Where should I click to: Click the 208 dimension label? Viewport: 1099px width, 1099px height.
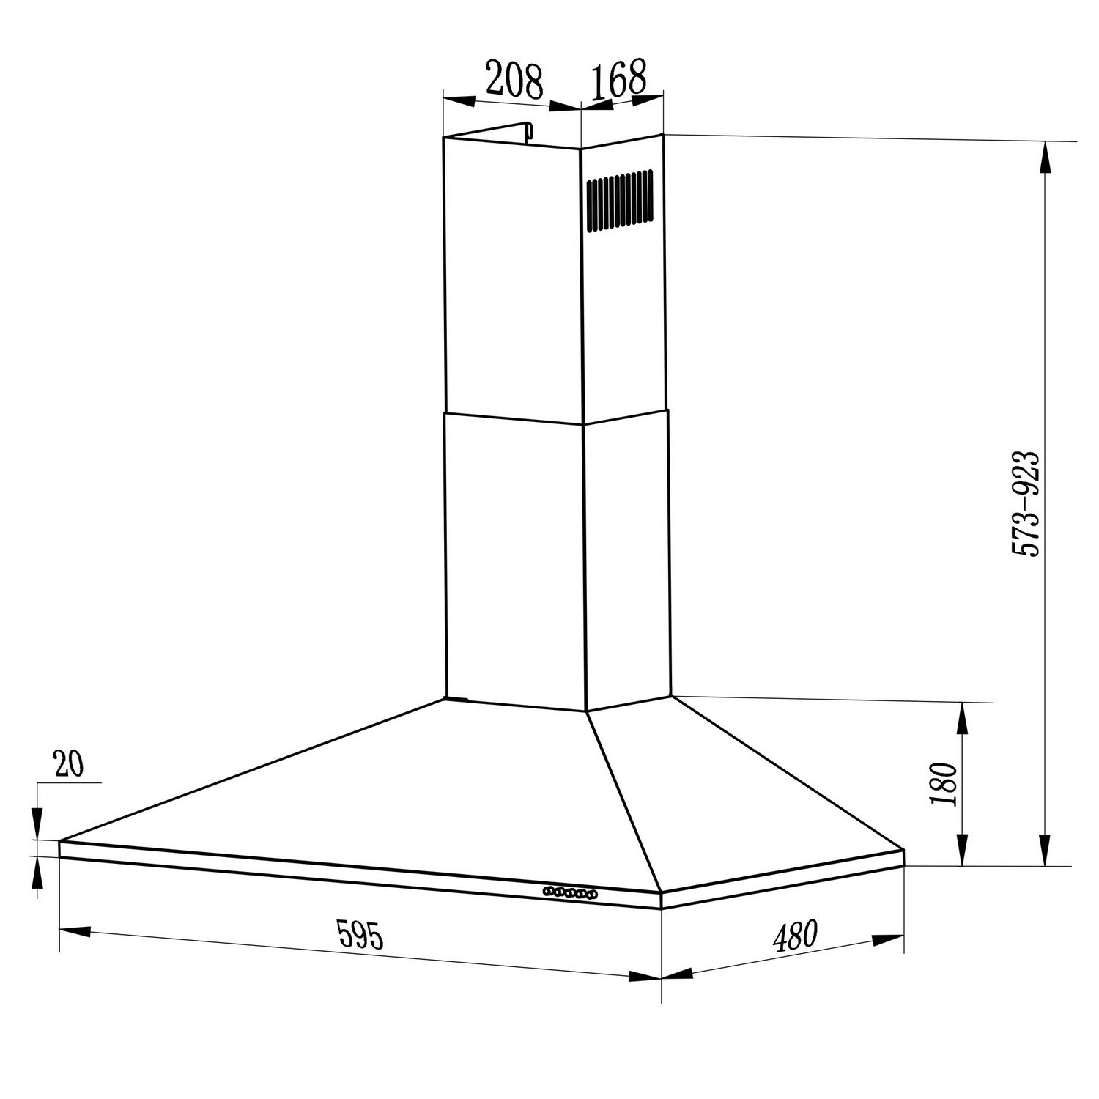(514, 81)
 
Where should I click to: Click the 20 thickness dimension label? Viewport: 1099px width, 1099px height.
(69, 764)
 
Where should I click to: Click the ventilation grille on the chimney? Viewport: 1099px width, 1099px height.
(619, 200)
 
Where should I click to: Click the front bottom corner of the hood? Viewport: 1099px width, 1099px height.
(662, 907)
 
